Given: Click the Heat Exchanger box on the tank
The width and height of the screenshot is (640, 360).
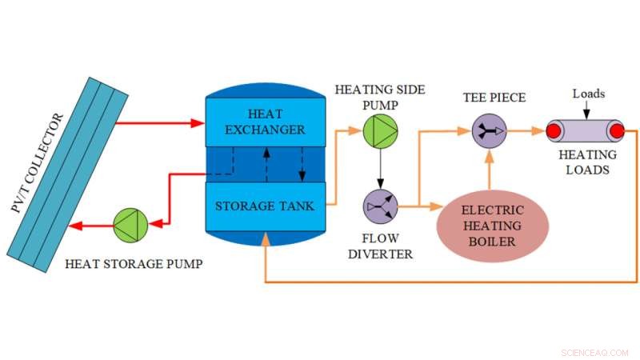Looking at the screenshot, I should tap(263, 122).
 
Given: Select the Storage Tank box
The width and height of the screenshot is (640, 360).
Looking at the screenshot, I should tap(263, 206).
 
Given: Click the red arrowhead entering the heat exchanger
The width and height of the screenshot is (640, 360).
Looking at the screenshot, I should tap(198, 122).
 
